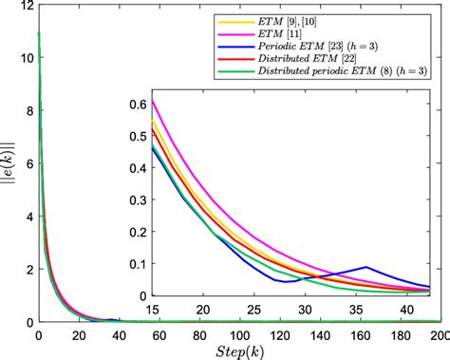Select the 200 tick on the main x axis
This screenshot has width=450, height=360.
439,334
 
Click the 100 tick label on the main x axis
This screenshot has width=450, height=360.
238,334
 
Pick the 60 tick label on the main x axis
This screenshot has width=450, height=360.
158,334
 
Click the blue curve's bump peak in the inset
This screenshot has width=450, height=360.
366,267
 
